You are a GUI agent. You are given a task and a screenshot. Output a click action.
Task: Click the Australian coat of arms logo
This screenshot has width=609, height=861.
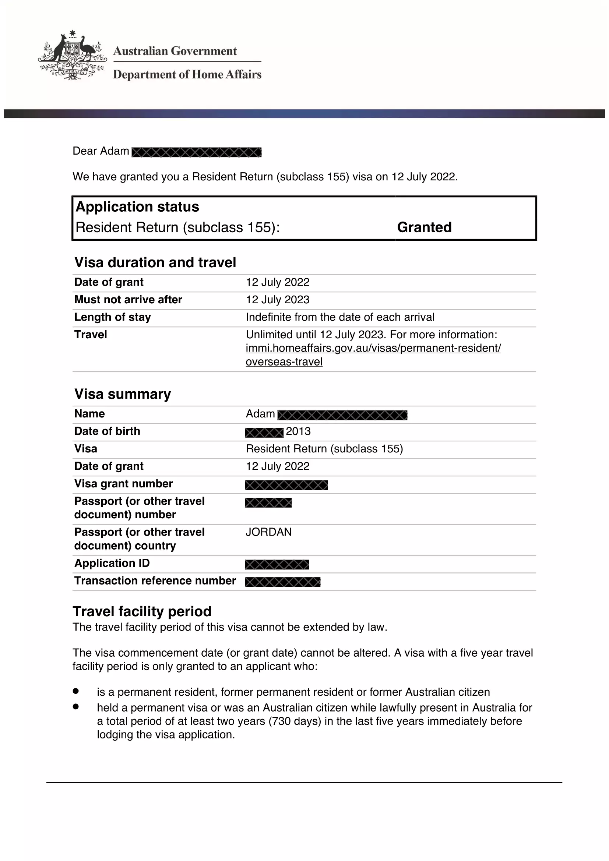tap(72, 55)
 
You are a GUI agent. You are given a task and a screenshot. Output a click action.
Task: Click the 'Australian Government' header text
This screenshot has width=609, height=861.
tap(175, 51)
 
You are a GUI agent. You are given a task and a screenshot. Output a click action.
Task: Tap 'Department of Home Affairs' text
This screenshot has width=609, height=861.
tap(187, 74)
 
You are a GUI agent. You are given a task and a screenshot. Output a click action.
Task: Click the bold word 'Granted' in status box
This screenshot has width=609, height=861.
tap(424, 227)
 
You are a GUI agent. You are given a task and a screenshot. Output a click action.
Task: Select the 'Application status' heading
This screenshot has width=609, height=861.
tap(137, 207)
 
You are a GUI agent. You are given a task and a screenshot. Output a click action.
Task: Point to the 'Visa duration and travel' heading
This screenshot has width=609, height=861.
tap(155, 262)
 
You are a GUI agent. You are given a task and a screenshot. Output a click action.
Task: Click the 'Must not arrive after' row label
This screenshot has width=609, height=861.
tap(128, 300)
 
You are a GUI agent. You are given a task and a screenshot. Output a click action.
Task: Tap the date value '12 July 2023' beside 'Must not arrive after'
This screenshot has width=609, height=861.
tap(278, 300)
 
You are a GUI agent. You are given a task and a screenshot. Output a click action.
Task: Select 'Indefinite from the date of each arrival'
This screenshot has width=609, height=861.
tap(340, 317)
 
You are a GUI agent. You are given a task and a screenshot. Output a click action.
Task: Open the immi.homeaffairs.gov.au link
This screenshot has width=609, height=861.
tap(373, 348)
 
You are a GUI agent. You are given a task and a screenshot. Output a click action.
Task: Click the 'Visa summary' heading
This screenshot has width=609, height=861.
tap(123, 394)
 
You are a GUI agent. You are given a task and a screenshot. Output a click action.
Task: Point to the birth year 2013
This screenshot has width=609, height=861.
tap(298, 431)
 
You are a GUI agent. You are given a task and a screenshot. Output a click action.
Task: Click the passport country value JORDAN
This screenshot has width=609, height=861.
tap(268, 532)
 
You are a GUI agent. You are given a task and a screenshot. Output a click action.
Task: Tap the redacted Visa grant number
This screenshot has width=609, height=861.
tap(286, 485)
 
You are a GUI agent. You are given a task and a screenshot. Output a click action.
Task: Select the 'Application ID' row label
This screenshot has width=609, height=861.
tap(112, 563)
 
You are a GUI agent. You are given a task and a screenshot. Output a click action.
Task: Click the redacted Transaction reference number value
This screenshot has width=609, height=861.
tap(283, 582)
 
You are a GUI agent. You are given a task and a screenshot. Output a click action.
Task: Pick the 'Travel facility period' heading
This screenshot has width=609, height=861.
tap(142, 612)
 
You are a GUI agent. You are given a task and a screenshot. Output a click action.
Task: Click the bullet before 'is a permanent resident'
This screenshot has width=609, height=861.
tap(76, 691)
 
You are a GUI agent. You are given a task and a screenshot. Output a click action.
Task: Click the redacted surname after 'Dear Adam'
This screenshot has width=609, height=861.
tap(197, 152)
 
